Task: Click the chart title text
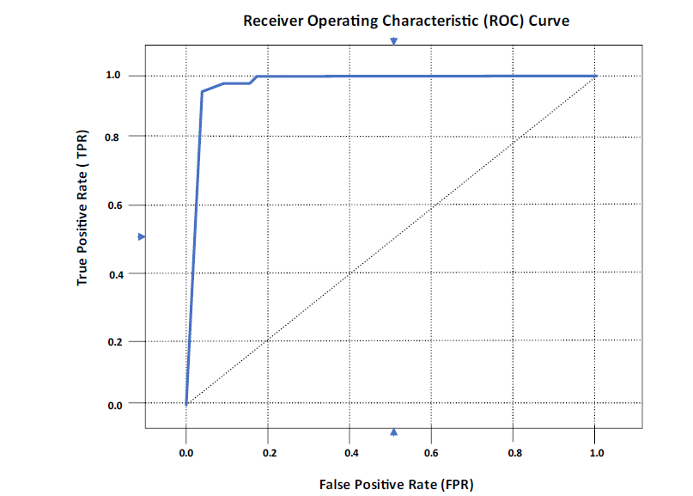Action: click(405, 20)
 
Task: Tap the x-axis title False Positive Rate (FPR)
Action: click(396, 484)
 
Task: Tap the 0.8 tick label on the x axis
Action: click(514, 452)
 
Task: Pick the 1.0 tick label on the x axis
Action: click(595, 452)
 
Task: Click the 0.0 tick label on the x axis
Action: click(185, 452)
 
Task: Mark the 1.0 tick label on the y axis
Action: click(114, 76)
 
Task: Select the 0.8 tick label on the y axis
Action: click(114, 137)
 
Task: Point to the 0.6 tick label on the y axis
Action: click(114, 205)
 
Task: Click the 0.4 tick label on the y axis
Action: click(114, 273)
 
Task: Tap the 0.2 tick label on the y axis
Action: click(114, 342)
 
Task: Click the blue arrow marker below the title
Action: click(394, 41)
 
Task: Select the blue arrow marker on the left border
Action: click(143, 236)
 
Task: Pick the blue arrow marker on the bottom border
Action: click(394, 432)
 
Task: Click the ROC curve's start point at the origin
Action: click(186, 403)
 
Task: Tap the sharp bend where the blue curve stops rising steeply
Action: click(202, 91)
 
